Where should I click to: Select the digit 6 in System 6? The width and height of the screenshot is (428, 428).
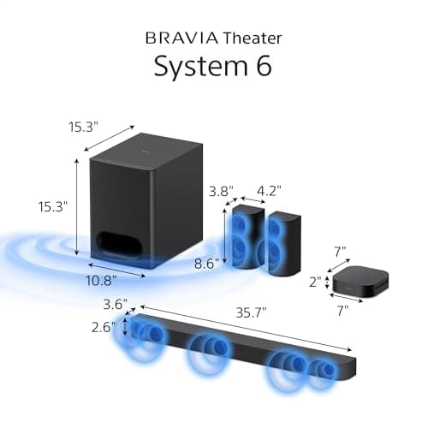coord(263,67)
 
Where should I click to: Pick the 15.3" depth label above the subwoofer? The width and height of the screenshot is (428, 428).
coord(84,127)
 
